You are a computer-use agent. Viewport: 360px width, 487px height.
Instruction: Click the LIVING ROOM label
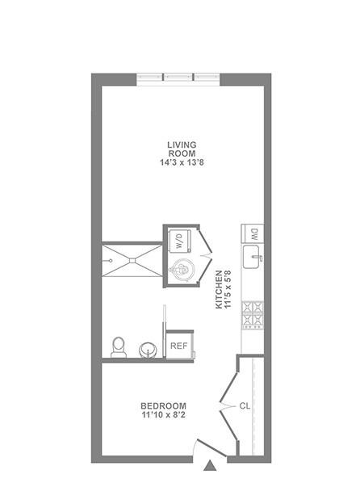[x=182, y=149]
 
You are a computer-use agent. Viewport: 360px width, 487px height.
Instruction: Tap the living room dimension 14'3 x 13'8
[x=182, y=162]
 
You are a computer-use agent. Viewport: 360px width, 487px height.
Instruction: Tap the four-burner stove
[x=253, y=316]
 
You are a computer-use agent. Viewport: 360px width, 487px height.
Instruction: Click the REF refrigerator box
[x=179, y=346]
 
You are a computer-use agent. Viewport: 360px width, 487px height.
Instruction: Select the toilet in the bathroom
[x=119, y=346]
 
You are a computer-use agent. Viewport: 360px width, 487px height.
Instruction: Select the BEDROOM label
[x=163, y=405]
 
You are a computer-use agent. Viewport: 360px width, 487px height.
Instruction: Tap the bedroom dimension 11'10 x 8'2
[x=163, y=416]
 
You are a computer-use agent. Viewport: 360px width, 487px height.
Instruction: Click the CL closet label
[x=245, y=406]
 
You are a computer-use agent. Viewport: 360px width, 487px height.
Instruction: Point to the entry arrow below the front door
[x=211, y=466]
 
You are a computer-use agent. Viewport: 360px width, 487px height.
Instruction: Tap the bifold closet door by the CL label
[x=228, y=406]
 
